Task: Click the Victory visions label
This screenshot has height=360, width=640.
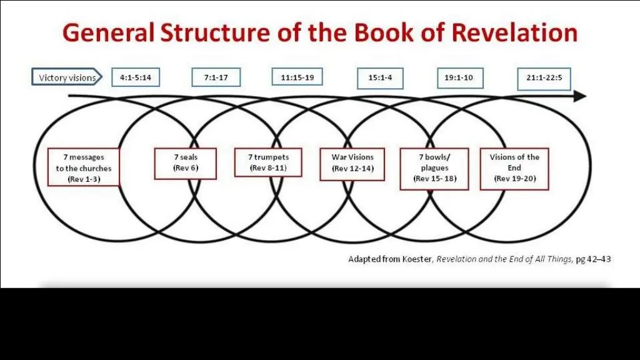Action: [67, 78]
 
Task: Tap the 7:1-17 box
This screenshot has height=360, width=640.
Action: [216, 78]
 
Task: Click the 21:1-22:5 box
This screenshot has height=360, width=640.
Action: [544, 79]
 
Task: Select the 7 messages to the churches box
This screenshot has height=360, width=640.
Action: [84, 167]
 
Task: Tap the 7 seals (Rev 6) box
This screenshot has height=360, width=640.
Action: [186, 163]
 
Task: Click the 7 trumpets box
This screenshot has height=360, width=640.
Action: [268, 162]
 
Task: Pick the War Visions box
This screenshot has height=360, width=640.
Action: [352, 164]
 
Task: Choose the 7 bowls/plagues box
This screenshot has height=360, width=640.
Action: [434, 168]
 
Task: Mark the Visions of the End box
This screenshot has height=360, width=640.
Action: [514, 168]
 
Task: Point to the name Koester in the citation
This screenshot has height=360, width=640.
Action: [416, 259]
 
